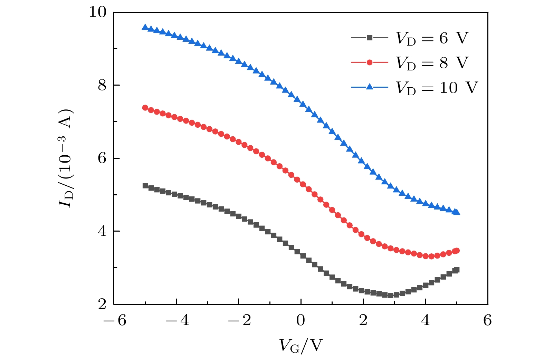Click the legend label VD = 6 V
[432, 38]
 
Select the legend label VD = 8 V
[432, 63]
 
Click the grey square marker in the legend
[370, 38]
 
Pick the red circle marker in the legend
[370, 62]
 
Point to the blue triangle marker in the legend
[370, 87]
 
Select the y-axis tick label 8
[102, 85]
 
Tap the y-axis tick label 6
[102, 158]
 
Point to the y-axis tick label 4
[102, 231]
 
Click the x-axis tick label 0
[301, 321]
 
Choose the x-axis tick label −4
[177, 321]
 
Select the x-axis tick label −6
[115, 321]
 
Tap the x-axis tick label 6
[487, 321]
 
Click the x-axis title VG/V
[301, 345]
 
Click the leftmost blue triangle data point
[145, 27]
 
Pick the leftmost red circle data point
[145, 108]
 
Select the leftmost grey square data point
[145, 186]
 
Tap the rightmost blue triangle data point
[457, 212]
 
